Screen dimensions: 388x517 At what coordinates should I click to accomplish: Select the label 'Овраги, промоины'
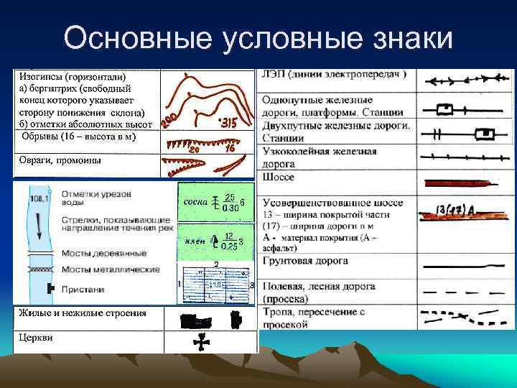tap(60, 160)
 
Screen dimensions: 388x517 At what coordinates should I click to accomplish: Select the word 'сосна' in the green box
tap(195, 202)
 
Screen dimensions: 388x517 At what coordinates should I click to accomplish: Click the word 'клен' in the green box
tap(195, 240)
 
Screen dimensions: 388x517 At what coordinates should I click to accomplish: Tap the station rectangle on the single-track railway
tap(446, 109)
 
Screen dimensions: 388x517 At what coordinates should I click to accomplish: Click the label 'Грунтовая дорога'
tap(306, 261)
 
